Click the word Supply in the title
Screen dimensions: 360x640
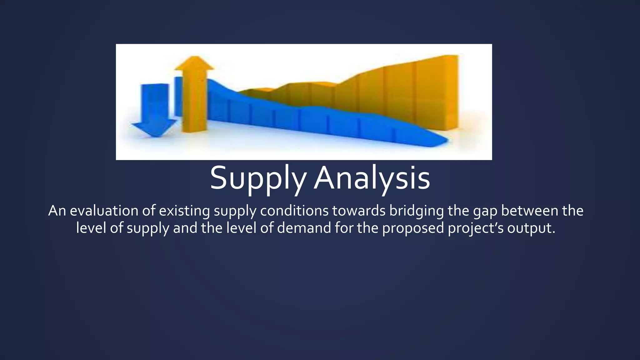coord(257,178)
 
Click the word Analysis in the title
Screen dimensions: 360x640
coord(372,178)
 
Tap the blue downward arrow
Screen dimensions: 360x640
coord(155,108)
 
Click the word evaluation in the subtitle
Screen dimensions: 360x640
coord(104,211)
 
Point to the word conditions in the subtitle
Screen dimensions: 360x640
coord(294,211)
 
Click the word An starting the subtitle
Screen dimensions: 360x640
coord(57,211)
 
